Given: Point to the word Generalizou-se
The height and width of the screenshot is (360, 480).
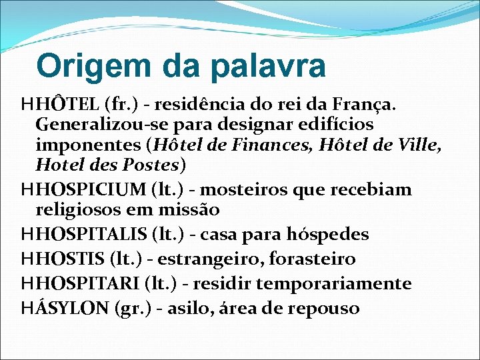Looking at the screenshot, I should click(91, 125).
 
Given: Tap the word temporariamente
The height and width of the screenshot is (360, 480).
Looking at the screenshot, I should click(334, 284).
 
